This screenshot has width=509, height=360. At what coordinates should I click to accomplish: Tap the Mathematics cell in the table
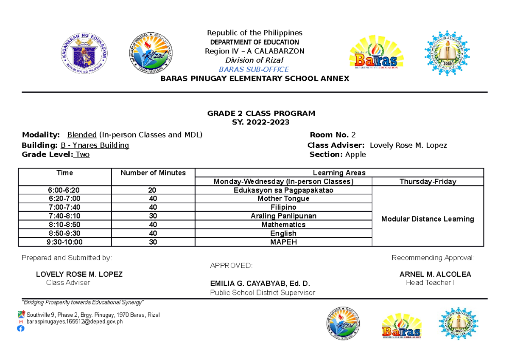[x=283, y=225]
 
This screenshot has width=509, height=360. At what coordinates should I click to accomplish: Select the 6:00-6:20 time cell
[x=64, y=190]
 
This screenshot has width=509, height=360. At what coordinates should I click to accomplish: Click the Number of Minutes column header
[x=153, y=173]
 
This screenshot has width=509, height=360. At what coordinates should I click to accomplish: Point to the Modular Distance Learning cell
[x=428, y=219]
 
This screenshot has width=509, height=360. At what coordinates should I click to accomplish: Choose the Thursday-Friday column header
[x=428, y=182]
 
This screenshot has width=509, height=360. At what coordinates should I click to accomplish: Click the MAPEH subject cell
[x=283, y=242]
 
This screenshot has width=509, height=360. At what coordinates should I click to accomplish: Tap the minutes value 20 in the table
[x=153, y=190]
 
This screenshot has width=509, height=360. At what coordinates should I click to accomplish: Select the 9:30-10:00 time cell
[x=64, y=242]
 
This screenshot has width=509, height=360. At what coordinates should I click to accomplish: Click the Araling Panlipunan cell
[x=283, y=216]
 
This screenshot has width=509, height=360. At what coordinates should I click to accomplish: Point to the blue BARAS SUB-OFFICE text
[x=254, y=69]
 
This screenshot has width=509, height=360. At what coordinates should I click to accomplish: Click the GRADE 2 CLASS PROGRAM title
[x=261, y=113]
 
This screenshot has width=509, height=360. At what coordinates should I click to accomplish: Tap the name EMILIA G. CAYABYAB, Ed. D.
[x=260, y=284]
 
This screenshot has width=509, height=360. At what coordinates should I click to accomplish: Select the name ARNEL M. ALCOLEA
[x=435, y=274]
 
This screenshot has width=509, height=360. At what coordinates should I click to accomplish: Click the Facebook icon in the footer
[x=21, y=328]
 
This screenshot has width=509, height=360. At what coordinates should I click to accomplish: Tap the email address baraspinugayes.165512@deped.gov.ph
[x=75, y=321]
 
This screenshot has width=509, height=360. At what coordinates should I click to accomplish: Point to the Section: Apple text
[x=338, y=155]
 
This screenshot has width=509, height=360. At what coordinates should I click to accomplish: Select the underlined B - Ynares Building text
[x=95, y=145]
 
